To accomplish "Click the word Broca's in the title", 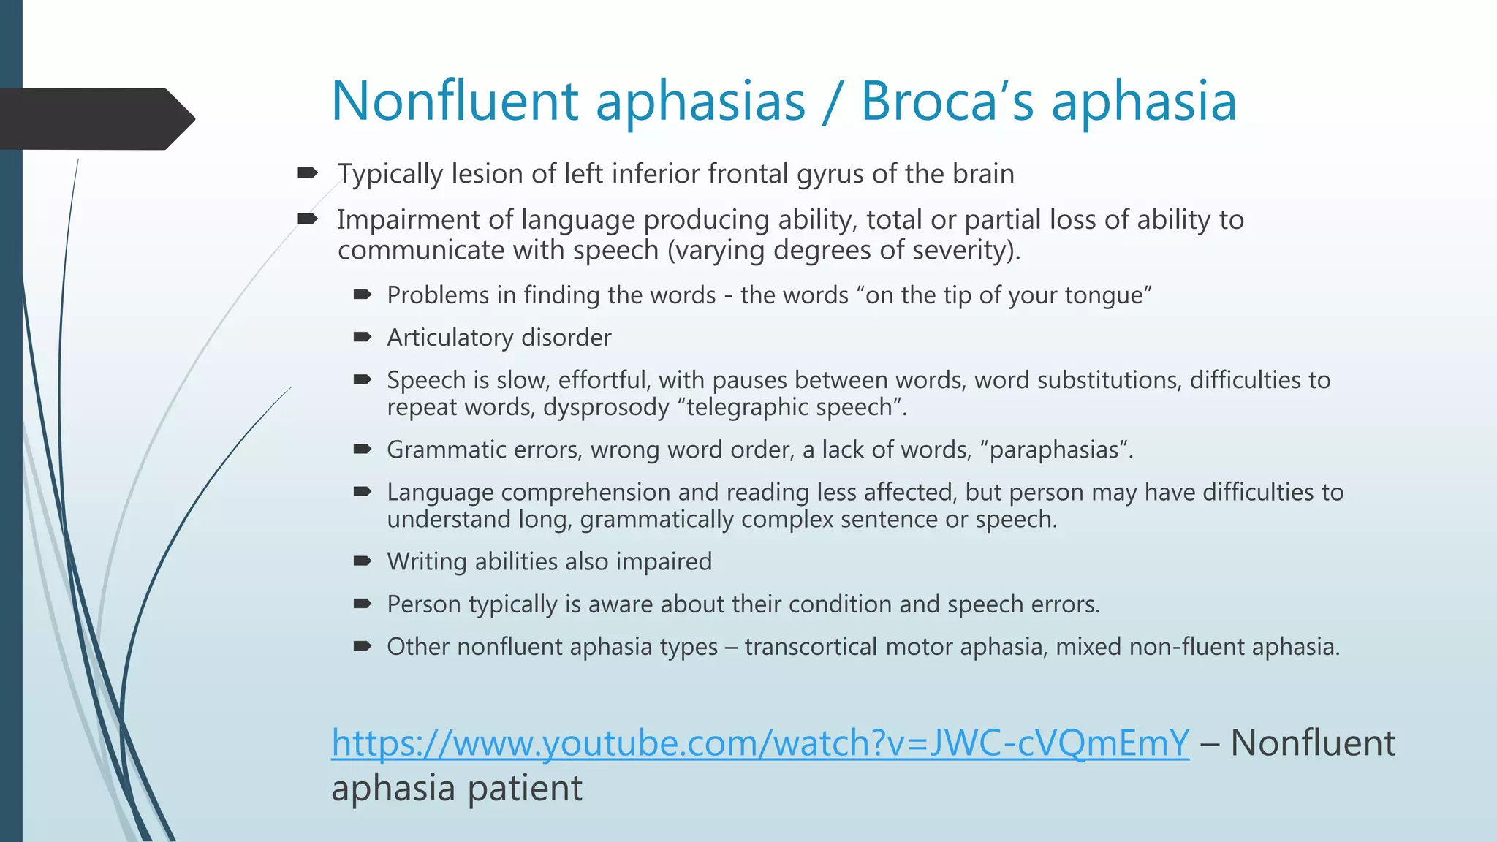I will [947, 101].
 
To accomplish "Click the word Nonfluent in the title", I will [455, 101].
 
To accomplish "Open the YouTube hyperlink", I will [759, 743].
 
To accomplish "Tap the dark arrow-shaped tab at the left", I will [95, 118].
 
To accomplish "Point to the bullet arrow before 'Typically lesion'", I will [308, 173].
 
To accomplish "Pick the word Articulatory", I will [450, 338].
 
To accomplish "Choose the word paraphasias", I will [1054, 450].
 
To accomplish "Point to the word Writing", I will [427, 561].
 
